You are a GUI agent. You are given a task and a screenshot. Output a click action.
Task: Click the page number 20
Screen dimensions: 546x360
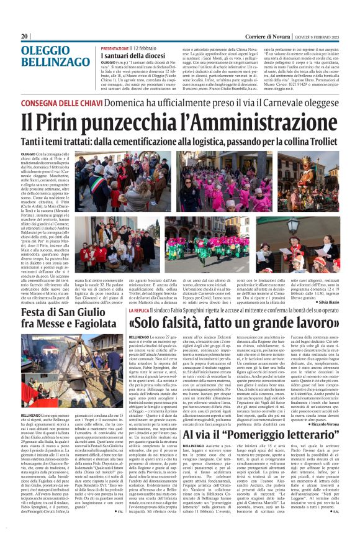tap(24, 37)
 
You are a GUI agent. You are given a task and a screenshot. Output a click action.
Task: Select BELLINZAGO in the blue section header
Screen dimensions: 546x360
tap(54, 65)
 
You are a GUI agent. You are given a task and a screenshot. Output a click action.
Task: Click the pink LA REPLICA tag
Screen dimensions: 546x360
tap(130, 309)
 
